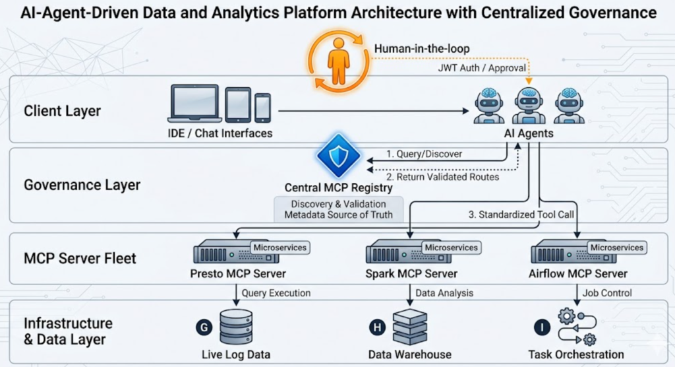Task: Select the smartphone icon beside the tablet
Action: click(x=262, y=108)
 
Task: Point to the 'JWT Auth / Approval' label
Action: click(x=482, y=67)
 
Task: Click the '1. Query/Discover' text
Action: click(x=424, y=154)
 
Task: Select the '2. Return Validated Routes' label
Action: click(x=443, y=176)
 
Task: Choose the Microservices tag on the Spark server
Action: click(x=451, y=248)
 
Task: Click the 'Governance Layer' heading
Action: click(x=82, y=185)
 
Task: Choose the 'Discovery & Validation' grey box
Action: click(x=338, y=209)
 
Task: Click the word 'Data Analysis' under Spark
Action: click(x=444, y=292)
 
